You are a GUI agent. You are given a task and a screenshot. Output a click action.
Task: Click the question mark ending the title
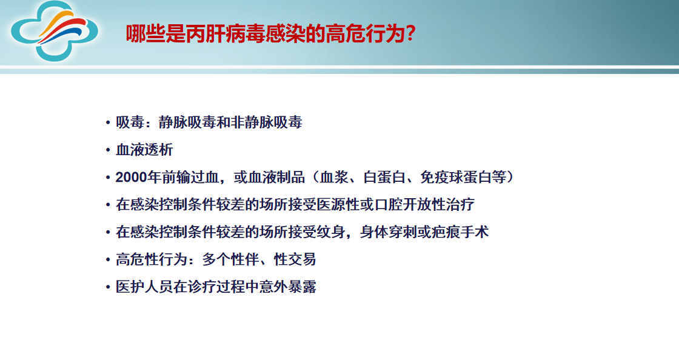(x=410, y=33)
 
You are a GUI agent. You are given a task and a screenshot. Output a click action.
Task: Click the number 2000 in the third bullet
(x=131, y=178)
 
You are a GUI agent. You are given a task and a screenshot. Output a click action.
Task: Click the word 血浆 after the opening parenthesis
(x=333, y=178)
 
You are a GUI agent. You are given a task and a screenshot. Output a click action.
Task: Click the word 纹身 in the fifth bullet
(x=333, y=232)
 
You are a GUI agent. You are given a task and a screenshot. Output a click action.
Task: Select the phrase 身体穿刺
(x=388, y=232)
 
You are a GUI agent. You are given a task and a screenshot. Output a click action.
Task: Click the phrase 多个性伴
(x=230, y=259)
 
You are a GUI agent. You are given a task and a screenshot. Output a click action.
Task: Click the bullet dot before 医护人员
(x=108, y=287)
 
